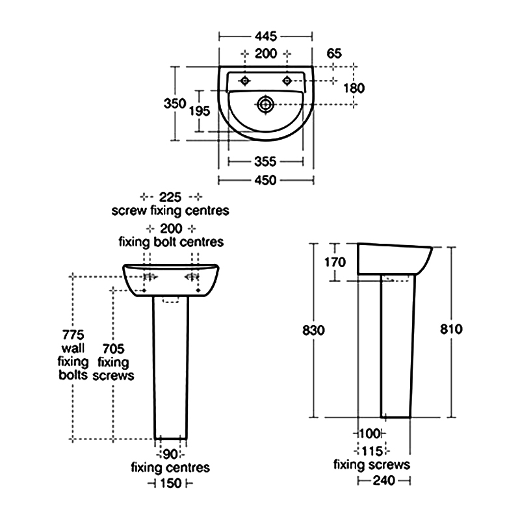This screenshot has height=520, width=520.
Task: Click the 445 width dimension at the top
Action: tap(266, 36)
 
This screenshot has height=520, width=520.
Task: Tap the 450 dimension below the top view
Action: tap(265, 180)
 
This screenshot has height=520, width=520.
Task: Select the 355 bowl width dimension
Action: tap(265, 161)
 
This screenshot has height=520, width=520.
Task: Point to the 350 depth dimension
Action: tap(175, 103)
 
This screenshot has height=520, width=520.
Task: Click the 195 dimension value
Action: tap(200, 110)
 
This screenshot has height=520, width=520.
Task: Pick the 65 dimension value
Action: tap(334, 53)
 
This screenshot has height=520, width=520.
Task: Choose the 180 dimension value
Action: tap(354, 88)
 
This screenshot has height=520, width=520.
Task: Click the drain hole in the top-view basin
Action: tap(265, 105)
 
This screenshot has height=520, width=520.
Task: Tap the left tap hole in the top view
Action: tap(245, 81)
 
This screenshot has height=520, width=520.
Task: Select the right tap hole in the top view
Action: tap(287, 81)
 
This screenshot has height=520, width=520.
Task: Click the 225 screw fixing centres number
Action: tap(170, 197)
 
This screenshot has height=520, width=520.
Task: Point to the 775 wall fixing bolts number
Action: tap(73, 335)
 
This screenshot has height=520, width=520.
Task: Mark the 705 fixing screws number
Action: tap(113, 348)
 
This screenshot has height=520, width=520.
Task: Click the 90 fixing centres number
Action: tap(170, 454)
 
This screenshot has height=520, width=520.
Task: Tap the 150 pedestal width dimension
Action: tap(171, 483)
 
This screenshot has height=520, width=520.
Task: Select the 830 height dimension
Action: tap(313, 330)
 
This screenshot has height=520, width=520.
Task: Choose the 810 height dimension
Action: tap(451, 330)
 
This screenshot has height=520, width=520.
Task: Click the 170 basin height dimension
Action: tap(335, 263)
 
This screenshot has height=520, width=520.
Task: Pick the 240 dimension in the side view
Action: tap(384, 480)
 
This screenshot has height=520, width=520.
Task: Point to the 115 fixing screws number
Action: tap(372, 451)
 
